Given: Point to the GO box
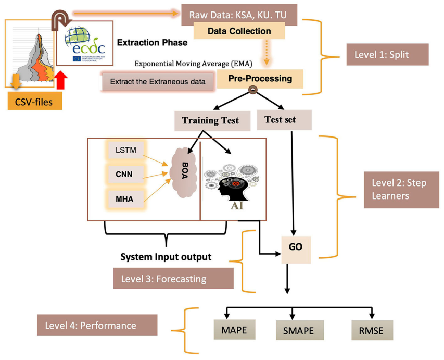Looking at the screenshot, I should point(295,245).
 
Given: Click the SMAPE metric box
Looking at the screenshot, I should point(299,330).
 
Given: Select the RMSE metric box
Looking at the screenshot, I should point(371,330).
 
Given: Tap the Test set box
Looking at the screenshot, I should point(284,120).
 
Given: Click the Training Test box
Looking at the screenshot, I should point(210,121).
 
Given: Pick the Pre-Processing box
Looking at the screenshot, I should point(260,79).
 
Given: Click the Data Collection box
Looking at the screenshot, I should point(239,31).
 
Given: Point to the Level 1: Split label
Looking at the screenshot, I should point(387,54).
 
